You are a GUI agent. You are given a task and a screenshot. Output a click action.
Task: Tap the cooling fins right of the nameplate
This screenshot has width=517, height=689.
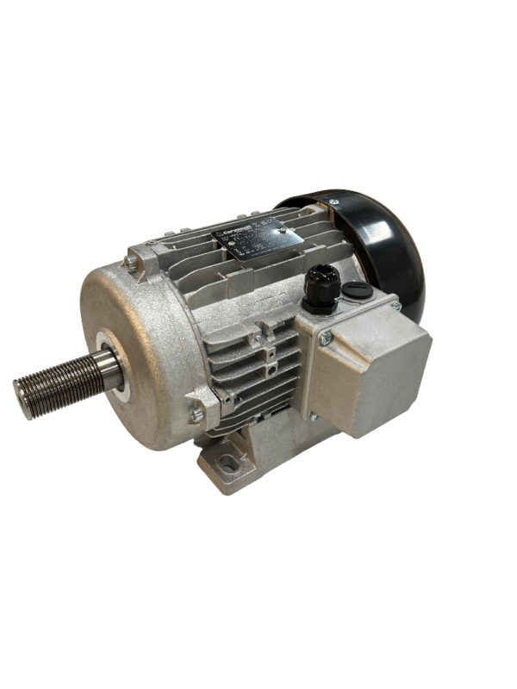point(323,241)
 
